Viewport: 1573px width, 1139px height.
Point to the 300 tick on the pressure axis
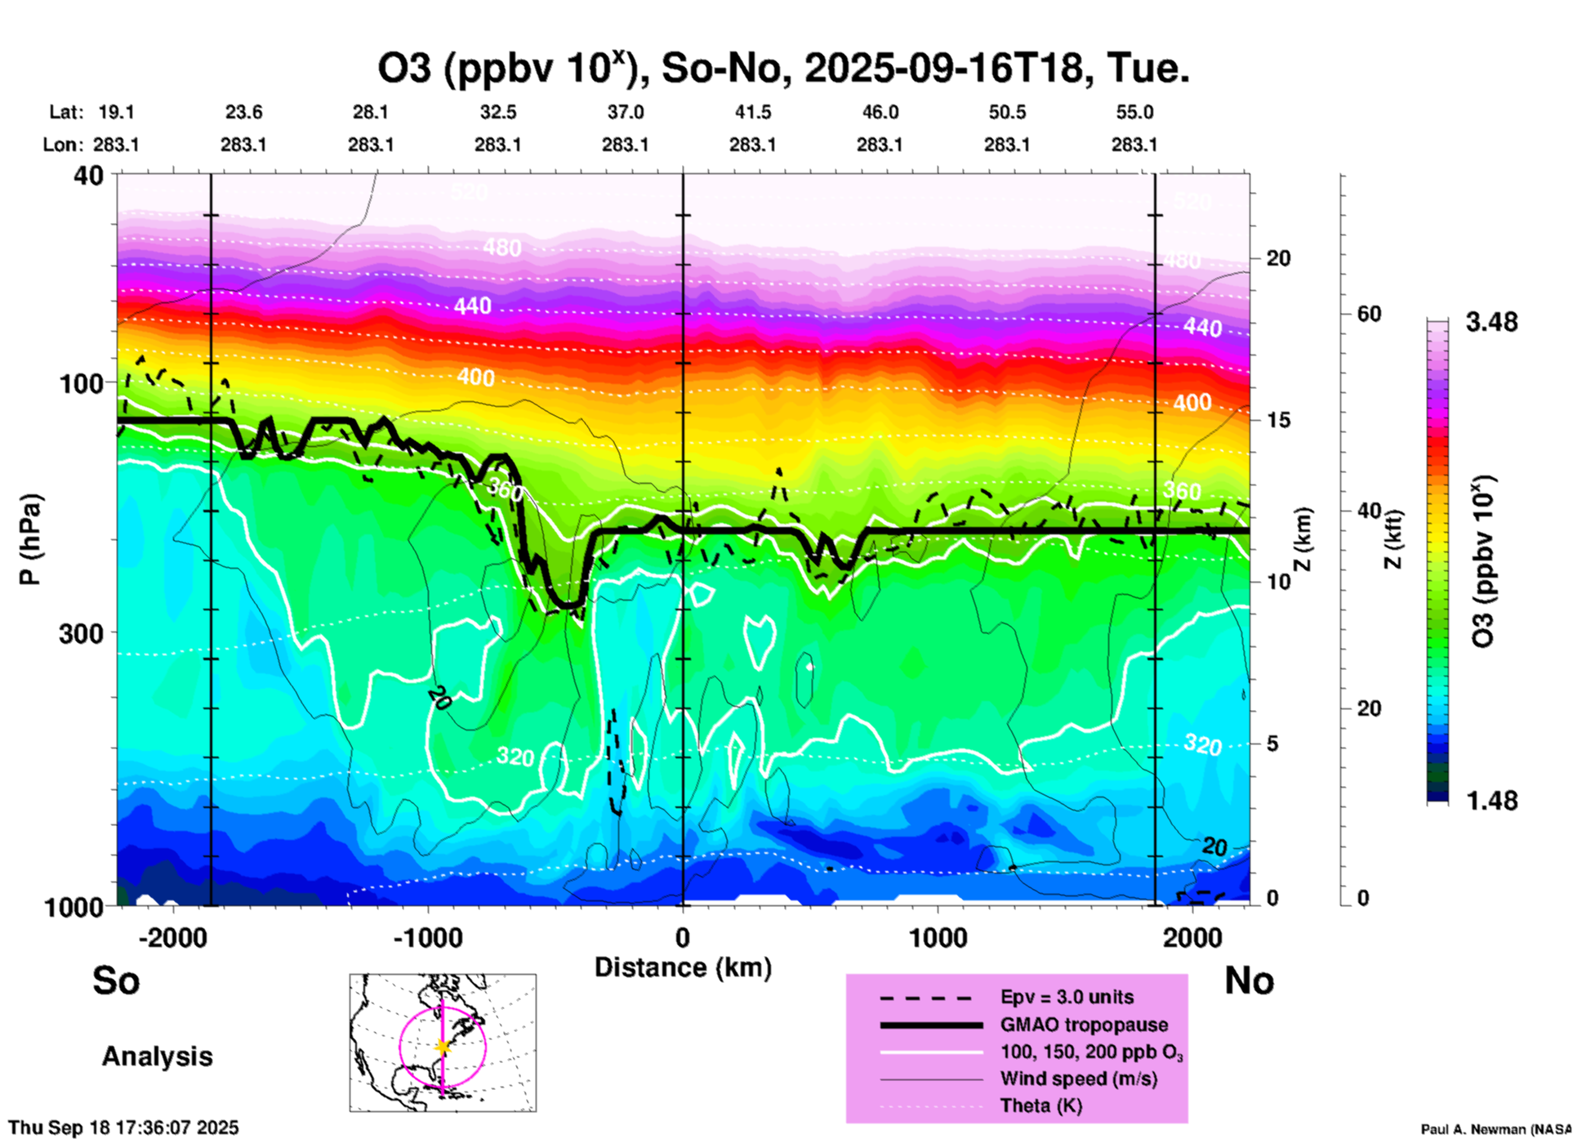82,633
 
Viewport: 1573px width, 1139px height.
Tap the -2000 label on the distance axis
172,937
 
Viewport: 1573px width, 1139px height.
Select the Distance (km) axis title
683,967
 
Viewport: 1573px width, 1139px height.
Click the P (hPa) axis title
30,539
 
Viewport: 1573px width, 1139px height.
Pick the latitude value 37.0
625,112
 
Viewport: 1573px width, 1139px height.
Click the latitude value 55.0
1134,112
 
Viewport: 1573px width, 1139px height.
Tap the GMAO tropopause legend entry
1084,1025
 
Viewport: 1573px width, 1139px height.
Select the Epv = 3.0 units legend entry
1067,997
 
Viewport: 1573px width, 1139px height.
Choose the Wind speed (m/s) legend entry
1078,1079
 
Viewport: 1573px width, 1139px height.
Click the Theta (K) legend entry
1040,1105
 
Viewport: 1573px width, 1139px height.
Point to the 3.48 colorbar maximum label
1491,323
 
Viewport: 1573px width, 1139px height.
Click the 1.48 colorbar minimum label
1491,801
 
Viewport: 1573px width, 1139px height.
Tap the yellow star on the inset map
443,1047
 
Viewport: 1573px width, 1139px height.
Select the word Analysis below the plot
157,1056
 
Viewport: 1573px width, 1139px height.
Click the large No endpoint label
1249,980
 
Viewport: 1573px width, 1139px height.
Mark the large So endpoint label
116,980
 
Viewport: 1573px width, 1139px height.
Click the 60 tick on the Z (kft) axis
1369,314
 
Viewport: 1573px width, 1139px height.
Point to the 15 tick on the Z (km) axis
1278,420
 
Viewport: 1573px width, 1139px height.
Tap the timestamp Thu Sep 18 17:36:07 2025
124,1128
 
